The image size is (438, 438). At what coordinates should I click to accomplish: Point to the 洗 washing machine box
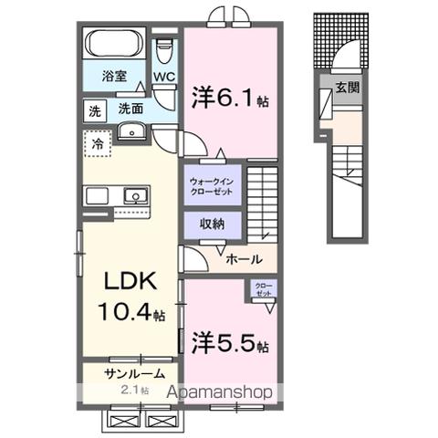click(94, 109)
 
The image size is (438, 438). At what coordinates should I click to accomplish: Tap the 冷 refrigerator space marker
click(97, 141)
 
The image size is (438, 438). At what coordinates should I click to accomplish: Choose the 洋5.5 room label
click(230, 346)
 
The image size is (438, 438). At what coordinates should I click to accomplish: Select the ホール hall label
click(245, 258)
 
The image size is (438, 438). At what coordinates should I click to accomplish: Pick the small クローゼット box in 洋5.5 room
click(264, 289)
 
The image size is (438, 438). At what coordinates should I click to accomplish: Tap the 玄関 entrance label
click(346, 87)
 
